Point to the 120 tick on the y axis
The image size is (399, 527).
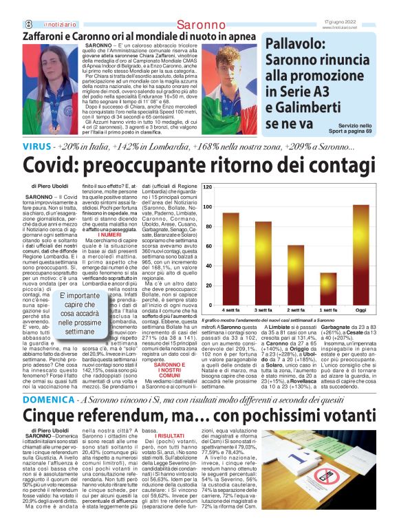click(x=208, y=186)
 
